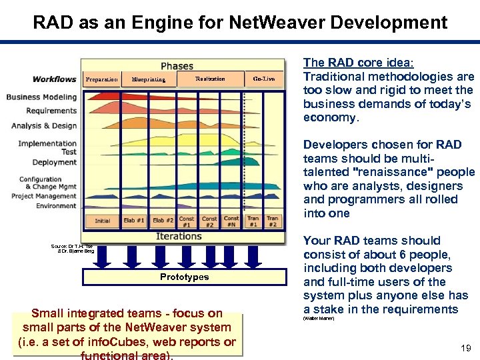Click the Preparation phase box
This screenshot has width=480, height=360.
[x=101, y=80]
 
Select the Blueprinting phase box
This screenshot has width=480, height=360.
[x=149, y=80]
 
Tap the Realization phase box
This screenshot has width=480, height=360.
[x=210, y=79]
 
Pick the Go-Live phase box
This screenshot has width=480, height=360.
[x=264, y=79]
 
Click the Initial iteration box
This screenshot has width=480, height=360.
[x=103, y=221]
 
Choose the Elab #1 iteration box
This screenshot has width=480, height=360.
[x=135, y=221]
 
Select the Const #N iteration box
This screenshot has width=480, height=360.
[x=231, y=221]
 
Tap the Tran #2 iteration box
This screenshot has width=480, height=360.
[x=273, y=221]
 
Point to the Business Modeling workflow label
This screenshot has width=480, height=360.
[x=41, y=97]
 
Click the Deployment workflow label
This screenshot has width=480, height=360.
[x=55, y=162]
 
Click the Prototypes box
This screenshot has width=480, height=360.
[x=184, y=277]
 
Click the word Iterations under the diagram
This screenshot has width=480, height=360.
[x=179, y=237]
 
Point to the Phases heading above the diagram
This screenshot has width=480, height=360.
[x=177, y=66]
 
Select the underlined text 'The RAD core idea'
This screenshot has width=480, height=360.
[x=357, y=63]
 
